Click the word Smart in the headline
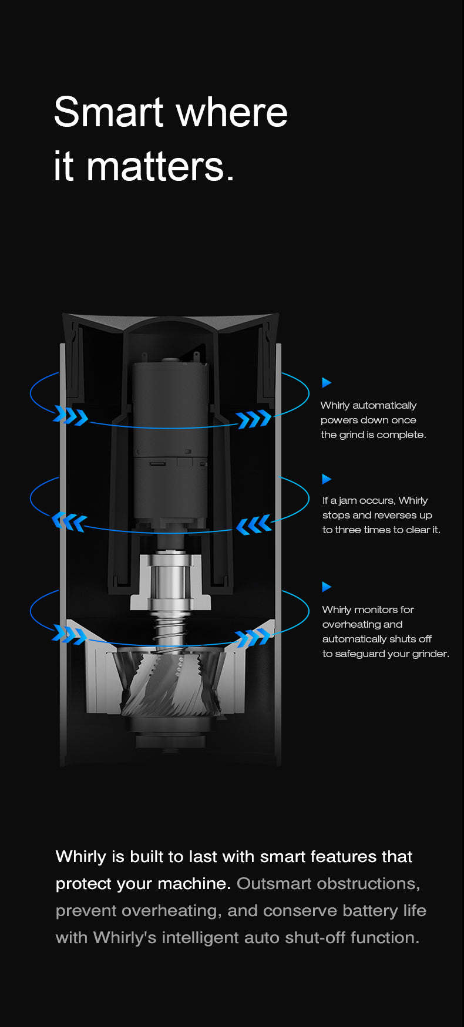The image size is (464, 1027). [x=109, y=112]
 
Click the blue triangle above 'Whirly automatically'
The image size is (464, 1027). [x=327, y=383]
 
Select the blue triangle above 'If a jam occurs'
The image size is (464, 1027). [x=327, y=479]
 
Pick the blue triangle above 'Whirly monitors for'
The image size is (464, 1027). [x=327, y=587]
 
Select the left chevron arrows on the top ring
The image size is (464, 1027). [x=70, y=416]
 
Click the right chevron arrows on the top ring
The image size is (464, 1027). [x=254, y=419]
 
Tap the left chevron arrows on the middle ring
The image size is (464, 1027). [x=69, y=521]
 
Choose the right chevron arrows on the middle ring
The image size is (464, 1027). [x=254, y=524]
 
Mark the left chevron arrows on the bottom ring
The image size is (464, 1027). [x=69, y=634]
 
